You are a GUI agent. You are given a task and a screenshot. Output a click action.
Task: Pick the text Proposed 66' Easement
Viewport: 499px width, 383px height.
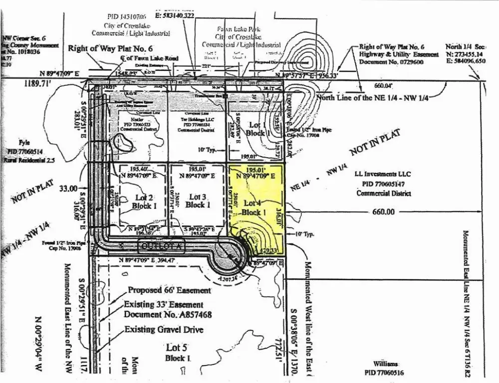pyautogui.click(x=169, y=290)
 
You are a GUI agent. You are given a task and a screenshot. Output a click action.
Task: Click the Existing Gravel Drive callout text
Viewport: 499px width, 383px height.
pyautogui.click(x=164, y=330)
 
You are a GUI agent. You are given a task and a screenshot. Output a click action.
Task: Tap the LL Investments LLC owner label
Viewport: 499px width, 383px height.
pyautogui.click(x=382, y=174)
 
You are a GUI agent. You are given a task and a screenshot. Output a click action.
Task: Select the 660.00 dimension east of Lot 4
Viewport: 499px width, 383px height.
pyautogui.click(x=383, y=211)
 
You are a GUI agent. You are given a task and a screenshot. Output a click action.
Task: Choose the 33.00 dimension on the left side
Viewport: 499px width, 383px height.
pyautogui.click(x=69, y=189)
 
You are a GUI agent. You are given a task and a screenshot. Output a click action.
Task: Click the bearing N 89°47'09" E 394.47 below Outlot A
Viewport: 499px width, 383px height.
pyautogui.click(x=156, y=260)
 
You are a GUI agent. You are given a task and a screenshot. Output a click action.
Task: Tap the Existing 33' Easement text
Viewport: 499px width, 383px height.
pyautogui.click(x=164, y=305)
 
